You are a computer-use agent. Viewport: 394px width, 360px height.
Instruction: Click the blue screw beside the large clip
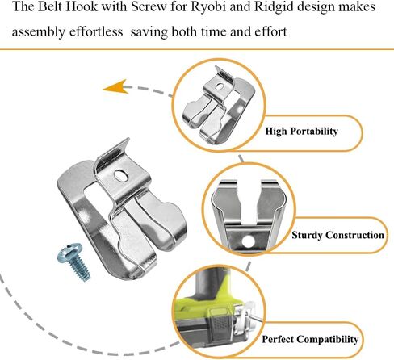(73, 262)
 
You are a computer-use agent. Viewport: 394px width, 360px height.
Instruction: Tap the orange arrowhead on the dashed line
(115, 86)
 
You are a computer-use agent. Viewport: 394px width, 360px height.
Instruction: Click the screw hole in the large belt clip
(121, 176)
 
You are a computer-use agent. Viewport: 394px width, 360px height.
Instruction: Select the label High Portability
(301, 132)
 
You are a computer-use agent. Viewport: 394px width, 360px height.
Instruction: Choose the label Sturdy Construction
(337, 235)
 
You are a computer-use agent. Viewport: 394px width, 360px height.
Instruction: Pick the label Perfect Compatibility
(310, 339)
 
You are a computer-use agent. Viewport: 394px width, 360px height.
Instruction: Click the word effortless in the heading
(96, 31)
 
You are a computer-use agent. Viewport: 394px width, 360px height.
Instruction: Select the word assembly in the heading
(39, 32)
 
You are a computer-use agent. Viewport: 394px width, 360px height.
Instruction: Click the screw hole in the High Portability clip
(219, 86)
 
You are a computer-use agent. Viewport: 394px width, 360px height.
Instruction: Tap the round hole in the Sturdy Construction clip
(248, 241)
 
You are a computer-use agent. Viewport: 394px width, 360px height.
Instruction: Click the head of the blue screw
(69, 252)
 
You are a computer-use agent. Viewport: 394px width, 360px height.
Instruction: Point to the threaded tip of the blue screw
(85, 276)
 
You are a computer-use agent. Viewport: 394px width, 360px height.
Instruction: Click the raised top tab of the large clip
(112, 154)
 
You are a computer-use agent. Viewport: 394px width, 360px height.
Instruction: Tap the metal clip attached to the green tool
(244, 320)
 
